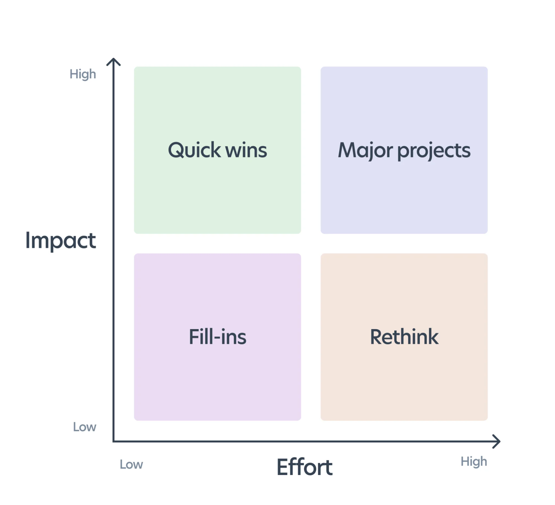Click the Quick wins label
tap(217, 150)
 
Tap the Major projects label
tap(404, 150)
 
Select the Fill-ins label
tap(217, 337)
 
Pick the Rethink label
tap(404, 337)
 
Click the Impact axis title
tap(61, 240)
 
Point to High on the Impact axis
tap(83, 74)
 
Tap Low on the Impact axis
tap(85, 427)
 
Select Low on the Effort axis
tap(131, 464)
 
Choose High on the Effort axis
tap(474, 462)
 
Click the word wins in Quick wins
tap(246, 150)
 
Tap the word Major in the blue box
tap(365, 150)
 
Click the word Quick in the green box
tap(194, 150)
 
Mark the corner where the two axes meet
tap(114, 441)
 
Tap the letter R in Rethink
tap(377, 337)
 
